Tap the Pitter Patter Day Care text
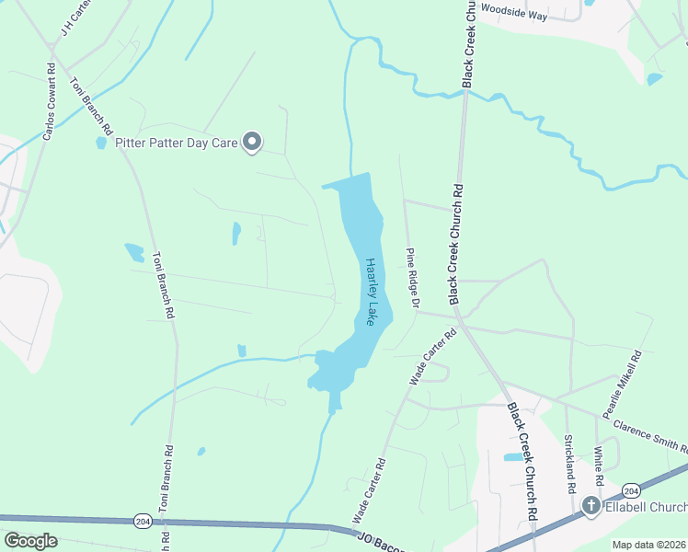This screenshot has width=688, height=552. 176,143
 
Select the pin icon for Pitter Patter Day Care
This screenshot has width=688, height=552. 252,142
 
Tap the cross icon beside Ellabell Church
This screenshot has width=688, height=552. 591,506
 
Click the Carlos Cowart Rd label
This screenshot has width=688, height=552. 49,101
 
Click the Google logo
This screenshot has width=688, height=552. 30,541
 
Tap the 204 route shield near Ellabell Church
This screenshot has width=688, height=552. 632,488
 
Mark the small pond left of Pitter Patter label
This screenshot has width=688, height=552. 100,143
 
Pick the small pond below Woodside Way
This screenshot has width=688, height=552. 654,79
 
